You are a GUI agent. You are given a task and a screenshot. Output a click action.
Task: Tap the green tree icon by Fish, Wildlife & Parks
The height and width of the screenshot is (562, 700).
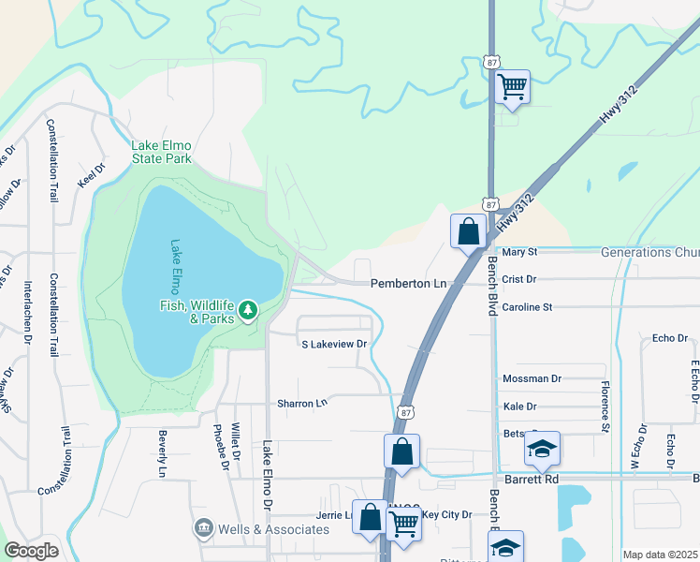pyautogui.click(x=248, y=309)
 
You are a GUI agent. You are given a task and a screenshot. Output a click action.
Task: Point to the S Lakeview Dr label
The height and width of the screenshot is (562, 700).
pyautogui.click(x=334, y=345)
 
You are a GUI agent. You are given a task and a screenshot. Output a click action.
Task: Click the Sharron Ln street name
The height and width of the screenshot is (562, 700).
pyautogui.click(x=302, y=404)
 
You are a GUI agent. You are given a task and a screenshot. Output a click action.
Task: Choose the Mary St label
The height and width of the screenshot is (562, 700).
pyautogui.click(x=519, y=252)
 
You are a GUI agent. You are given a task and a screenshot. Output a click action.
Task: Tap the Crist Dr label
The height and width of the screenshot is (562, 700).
pyautogui.click(x=518, y=279)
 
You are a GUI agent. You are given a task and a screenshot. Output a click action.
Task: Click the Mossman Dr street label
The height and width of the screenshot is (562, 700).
pyautogui.click(x=531, y=378)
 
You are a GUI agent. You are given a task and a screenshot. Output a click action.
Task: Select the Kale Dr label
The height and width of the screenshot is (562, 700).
pyautogui.click(x=519, y=407)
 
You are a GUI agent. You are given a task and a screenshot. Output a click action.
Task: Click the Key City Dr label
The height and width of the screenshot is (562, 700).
pyautogui.click(x=447, y=514)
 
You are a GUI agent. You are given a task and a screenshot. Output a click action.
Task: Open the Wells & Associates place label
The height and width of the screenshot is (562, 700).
pyautogui.click(x=273, y=529)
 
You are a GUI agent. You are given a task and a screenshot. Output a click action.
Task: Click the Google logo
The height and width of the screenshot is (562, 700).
pyautogui.click(x=32, y=551)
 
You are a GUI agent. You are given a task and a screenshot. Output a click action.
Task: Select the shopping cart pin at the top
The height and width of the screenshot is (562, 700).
pyautogui.click(x=512, y=87)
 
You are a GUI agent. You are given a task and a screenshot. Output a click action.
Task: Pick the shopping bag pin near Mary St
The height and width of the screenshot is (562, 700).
pyautogui.click(x=468, y=230)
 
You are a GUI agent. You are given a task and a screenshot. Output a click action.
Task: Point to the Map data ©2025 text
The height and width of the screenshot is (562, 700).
pyautogui.click(x=660, y=555)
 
